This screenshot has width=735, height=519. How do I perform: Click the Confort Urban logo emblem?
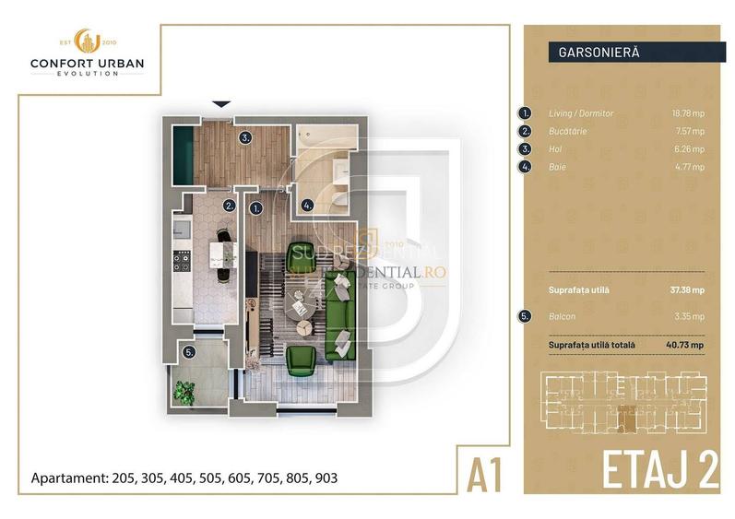(x=87, y=40)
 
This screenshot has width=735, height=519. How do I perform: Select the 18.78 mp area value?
(x=687, y=113)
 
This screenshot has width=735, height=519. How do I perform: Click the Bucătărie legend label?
(x=567, y=131)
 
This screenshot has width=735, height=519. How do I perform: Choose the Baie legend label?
(x=557, y=167)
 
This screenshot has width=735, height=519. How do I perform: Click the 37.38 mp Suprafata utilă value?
(x=686, y=289)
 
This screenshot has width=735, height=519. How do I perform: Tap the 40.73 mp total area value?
(x=685, y=345)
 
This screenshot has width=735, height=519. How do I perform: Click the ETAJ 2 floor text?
(x=659, y=469)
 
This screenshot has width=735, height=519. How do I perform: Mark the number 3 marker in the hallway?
(x=244, y=138)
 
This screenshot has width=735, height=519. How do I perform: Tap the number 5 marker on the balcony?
(x=189, y=351)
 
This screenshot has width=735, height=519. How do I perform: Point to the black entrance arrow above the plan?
(x=221, y=105)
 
